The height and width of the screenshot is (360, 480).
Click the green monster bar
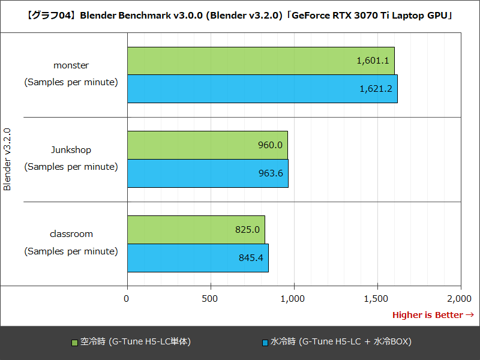(260, 61)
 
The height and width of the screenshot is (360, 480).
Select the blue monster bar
(262, 88)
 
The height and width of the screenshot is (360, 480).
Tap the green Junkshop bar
(207, 145)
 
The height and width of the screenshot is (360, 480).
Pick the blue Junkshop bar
(208, 173)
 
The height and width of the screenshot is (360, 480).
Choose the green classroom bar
(196, 229)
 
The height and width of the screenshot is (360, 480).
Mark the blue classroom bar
(197, 257)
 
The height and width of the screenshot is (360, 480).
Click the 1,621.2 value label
(376, 88)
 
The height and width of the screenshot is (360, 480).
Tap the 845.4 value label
(251, 257)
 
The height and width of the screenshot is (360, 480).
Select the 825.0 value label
(247, 229)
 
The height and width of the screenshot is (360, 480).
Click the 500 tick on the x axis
(210, 298)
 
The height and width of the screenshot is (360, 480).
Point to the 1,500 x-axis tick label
(377, 298)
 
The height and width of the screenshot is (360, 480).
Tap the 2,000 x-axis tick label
(460, 298)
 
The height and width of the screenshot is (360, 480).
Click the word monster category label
(71, 65)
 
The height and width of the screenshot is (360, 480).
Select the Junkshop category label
(71, 149)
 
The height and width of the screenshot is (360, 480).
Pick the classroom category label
(71, 234)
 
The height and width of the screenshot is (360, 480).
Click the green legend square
(75, 343)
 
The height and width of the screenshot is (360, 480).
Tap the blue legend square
(265, 343)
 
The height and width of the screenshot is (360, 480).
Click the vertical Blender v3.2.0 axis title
(7, 158)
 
